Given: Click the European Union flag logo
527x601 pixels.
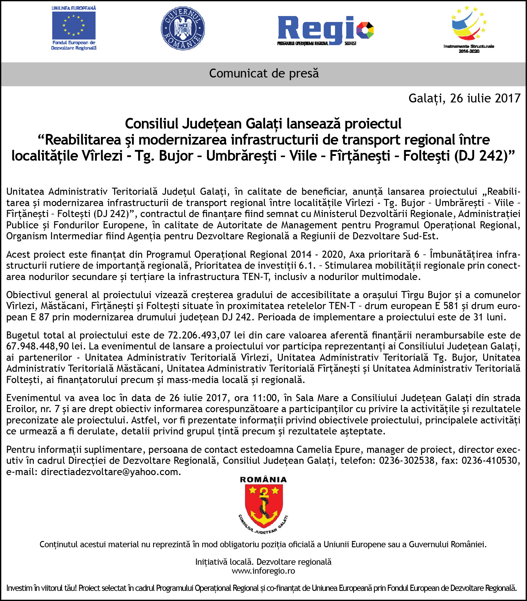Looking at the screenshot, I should pos(74,26).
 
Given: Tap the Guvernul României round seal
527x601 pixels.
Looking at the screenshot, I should pos(183,29).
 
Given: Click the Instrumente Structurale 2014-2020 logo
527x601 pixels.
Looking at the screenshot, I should pos(468,30).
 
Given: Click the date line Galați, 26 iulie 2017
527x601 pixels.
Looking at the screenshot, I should pos(464,98).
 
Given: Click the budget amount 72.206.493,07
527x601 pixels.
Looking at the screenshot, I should pos(199,335).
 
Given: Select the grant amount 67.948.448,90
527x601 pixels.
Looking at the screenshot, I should pos(37,346).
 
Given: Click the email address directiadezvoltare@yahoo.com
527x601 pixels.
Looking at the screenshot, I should pos(110,472).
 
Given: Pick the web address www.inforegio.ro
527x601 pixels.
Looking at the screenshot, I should pos(263,571).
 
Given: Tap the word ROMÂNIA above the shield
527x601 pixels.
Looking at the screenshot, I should pos(263,480).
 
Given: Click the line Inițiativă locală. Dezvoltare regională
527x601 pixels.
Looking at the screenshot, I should pos(263,562).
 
